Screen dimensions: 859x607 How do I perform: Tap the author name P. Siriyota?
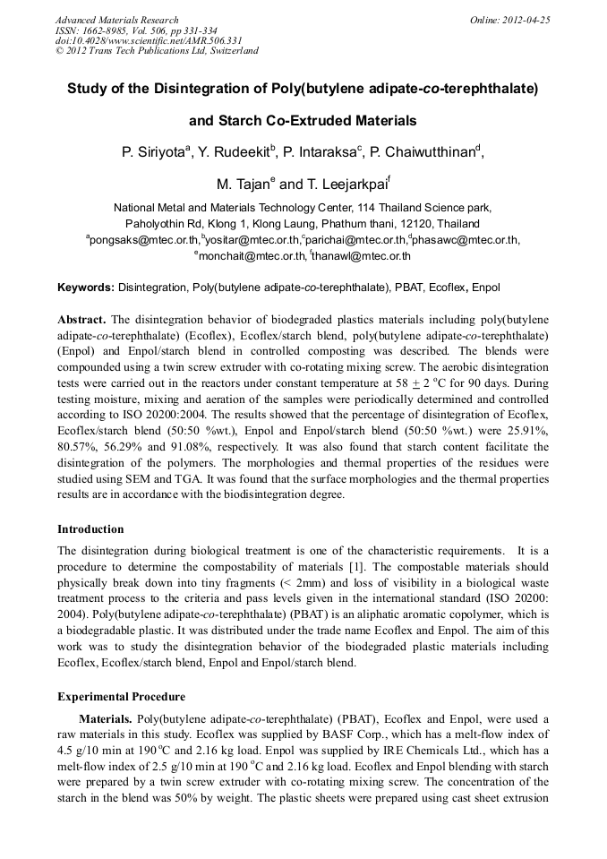pyautogui.click(x=155, y=153)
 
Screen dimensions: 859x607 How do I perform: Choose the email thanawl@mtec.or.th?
pyautogui.click(x=362, y=255)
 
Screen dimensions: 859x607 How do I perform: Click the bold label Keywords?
pyautogui.click(x=85, y=288)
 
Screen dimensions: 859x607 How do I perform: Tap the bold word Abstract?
pyautogui.click(x=81, y=320)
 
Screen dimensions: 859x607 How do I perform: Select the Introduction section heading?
pyautogui.click(x=90, y=529)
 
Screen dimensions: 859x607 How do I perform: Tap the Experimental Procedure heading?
pyautogui.click(x=121, y=696)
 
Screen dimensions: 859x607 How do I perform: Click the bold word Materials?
pyautogui.click(x=107, y=718)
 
